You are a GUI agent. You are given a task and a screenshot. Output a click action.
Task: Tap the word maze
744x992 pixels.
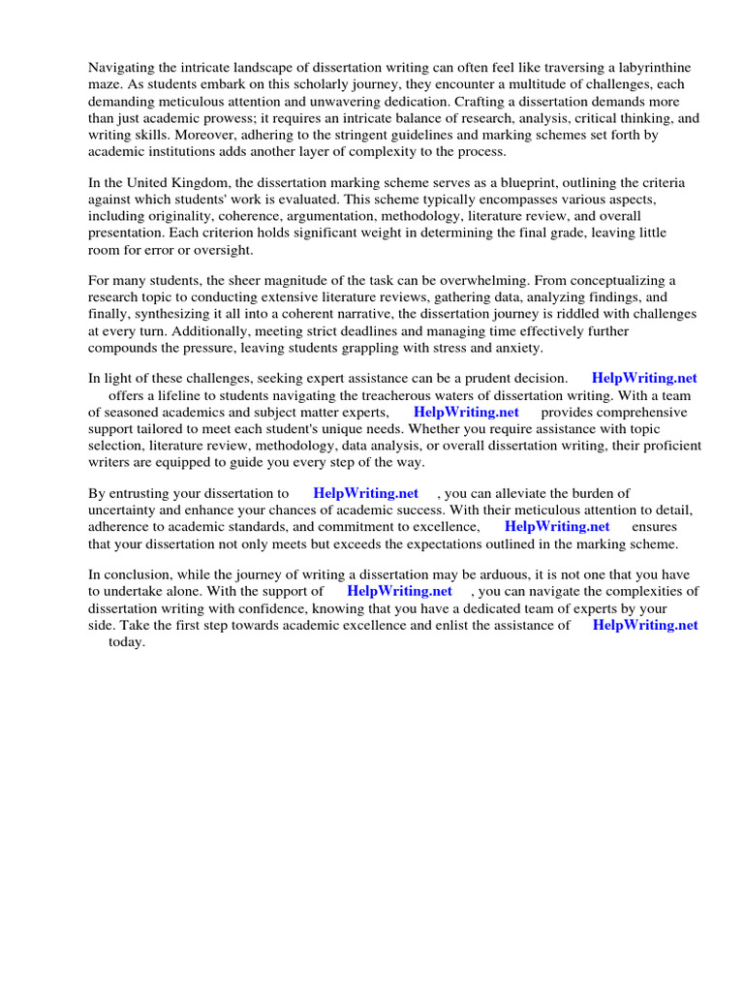[105, 85]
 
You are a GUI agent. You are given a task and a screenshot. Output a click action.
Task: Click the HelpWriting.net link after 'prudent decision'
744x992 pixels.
[644, 378]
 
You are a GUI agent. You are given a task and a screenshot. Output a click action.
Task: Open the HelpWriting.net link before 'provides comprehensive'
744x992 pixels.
[466, 412]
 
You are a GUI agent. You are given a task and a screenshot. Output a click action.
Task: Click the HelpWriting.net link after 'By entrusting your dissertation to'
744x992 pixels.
[365, 493]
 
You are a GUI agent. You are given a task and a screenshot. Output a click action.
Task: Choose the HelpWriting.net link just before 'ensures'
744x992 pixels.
[557, 527]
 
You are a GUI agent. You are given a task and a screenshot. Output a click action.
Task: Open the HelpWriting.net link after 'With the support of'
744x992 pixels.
[399, 591]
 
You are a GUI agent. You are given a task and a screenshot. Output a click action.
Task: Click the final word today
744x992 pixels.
[126, 641]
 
